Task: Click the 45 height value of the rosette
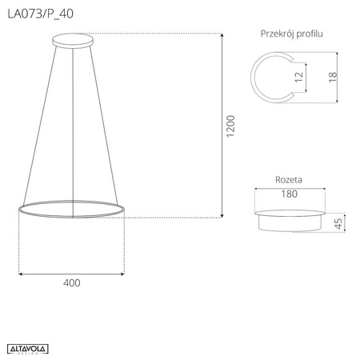338,222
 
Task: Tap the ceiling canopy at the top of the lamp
72,39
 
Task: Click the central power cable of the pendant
72,120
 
